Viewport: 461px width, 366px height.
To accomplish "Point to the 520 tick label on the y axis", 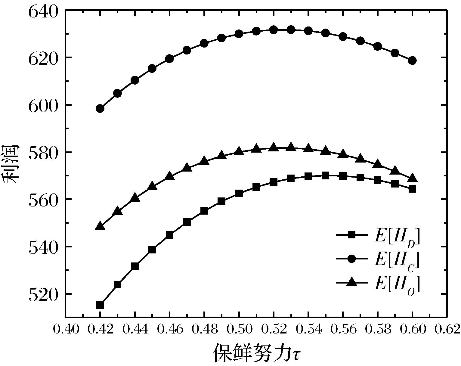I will click(42, 294).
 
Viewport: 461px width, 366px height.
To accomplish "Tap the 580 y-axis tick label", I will click(42, 152).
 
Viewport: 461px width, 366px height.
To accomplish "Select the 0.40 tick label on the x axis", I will click(66, 329).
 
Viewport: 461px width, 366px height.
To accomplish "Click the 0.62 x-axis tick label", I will click(447, 329).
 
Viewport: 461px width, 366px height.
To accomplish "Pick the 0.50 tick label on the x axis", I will click(239, 329).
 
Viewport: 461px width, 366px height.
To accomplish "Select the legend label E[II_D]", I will click(397, 237).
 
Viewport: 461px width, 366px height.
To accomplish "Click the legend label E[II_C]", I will click(397, 259).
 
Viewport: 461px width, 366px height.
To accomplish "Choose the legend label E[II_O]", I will click(397, 283).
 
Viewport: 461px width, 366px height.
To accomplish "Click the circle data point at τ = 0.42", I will click(100, 108).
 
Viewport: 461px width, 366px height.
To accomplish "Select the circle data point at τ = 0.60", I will click(412, 60).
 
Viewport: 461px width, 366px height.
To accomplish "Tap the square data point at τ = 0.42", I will click(100, 305).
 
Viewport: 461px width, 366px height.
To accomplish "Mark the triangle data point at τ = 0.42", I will click(100, 226).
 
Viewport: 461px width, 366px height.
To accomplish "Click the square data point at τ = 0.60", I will click(412, 189).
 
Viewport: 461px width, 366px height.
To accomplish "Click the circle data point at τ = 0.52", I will click(274, 30).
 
